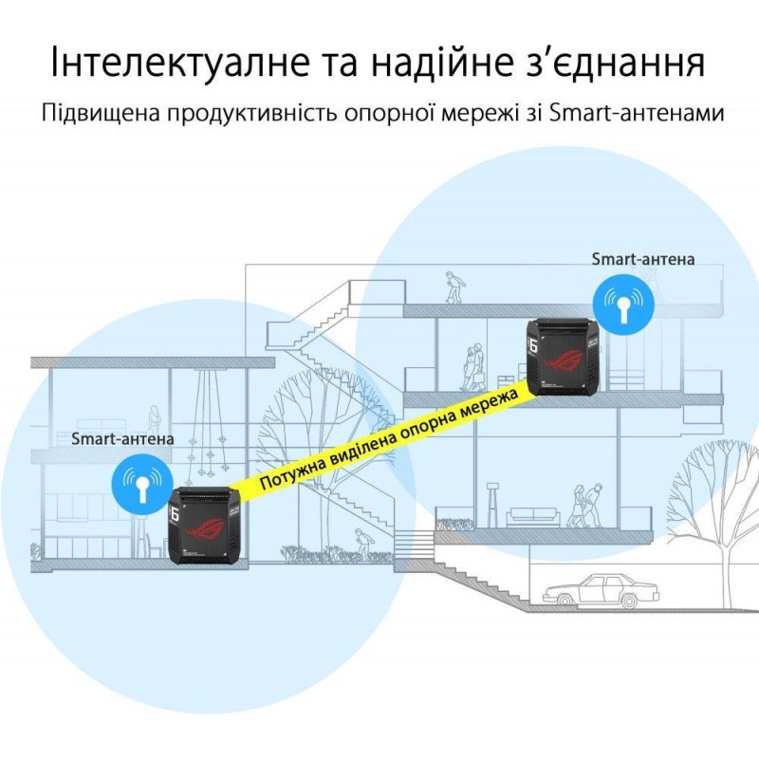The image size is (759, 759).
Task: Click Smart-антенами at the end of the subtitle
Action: tap(637, 113)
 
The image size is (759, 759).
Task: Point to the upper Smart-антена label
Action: tap(643, 259)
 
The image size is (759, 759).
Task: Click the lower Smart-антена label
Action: tap(122, 438)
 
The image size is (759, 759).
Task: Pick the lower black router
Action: tap(204, 526)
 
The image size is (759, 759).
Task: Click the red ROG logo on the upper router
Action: tap(564, 359)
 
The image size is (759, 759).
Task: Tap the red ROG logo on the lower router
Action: tap(205, 528)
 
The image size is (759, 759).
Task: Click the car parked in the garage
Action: tap(601, 590)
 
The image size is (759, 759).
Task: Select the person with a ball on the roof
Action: tap(454, 287)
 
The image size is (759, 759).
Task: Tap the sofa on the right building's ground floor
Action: tap(532, 517)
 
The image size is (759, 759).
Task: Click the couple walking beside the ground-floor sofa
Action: tap(585, 506)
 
